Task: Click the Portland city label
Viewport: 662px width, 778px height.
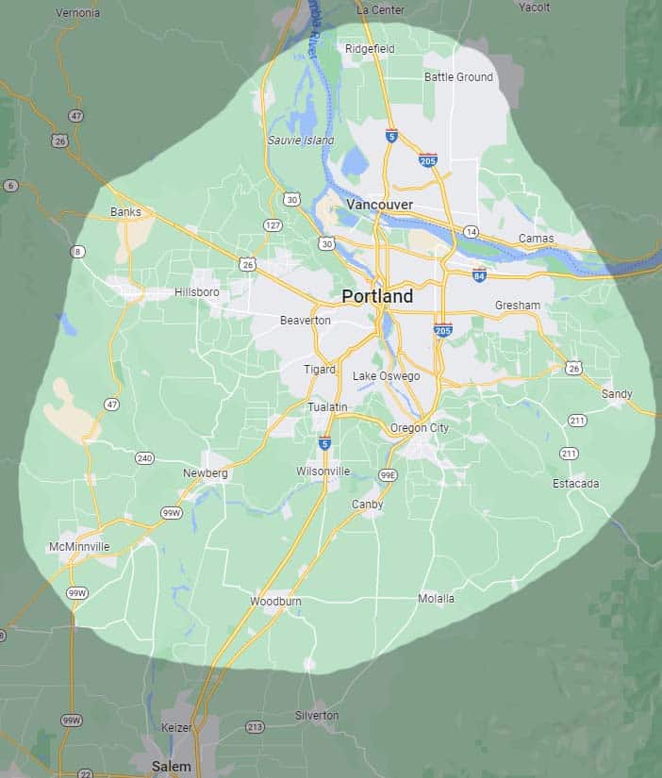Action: (x=377, y=296)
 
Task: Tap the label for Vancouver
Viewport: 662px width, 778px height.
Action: (x=379, y=205)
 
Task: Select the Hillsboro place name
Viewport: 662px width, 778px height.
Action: (x=197, y=292)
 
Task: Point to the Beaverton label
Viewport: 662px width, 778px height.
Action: (x=306, y=321)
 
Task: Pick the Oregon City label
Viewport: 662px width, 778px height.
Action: (x=420, y=428)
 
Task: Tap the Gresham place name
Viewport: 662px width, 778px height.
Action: (x=518, y=306)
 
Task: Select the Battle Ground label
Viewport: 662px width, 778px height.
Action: (x=458, y=77)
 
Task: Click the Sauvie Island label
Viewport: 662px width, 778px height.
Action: (x=301, y=141)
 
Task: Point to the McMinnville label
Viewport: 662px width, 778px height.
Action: (x=79, y=547)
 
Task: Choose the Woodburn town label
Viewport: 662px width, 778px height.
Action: (x=275, y=601)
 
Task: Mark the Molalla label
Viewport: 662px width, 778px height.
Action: (x=437, y=599)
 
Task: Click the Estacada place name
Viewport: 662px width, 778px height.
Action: (x=575, y=484)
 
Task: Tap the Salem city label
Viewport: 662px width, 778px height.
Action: (x=171, y=767)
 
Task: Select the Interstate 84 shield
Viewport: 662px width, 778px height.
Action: (x=479, y=275)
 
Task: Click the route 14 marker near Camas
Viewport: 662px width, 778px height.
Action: (x=472, y=231)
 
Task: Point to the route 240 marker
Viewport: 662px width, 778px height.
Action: (x=144, y=458)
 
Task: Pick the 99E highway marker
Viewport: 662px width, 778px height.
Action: (x=388, y=475)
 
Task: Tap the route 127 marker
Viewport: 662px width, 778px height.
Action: (x=273, y=224)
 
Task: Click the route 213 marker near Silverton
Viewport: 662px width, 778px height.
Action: (x=255, y=726)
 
